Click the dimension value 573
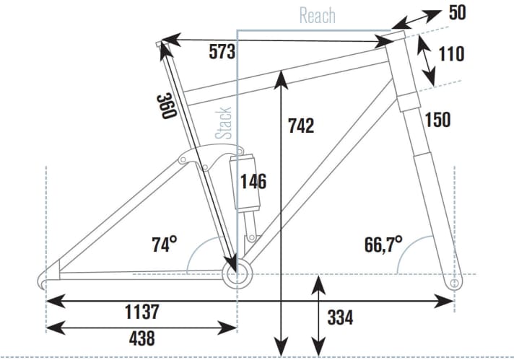[222, 52]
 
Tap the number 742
[300, 126]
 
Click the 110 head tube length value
[450, 54]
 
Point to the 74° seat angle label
[164, 245]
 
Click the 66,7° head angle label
[383, 242]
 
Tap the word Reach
[317, 15]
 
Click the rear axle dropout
[46, 279]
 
